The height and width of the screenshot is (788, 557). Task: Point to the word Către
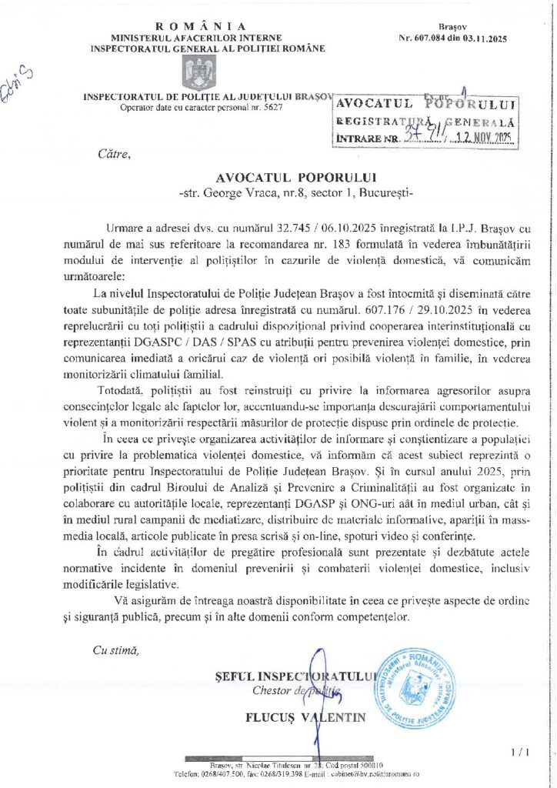tap(115, 155)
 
